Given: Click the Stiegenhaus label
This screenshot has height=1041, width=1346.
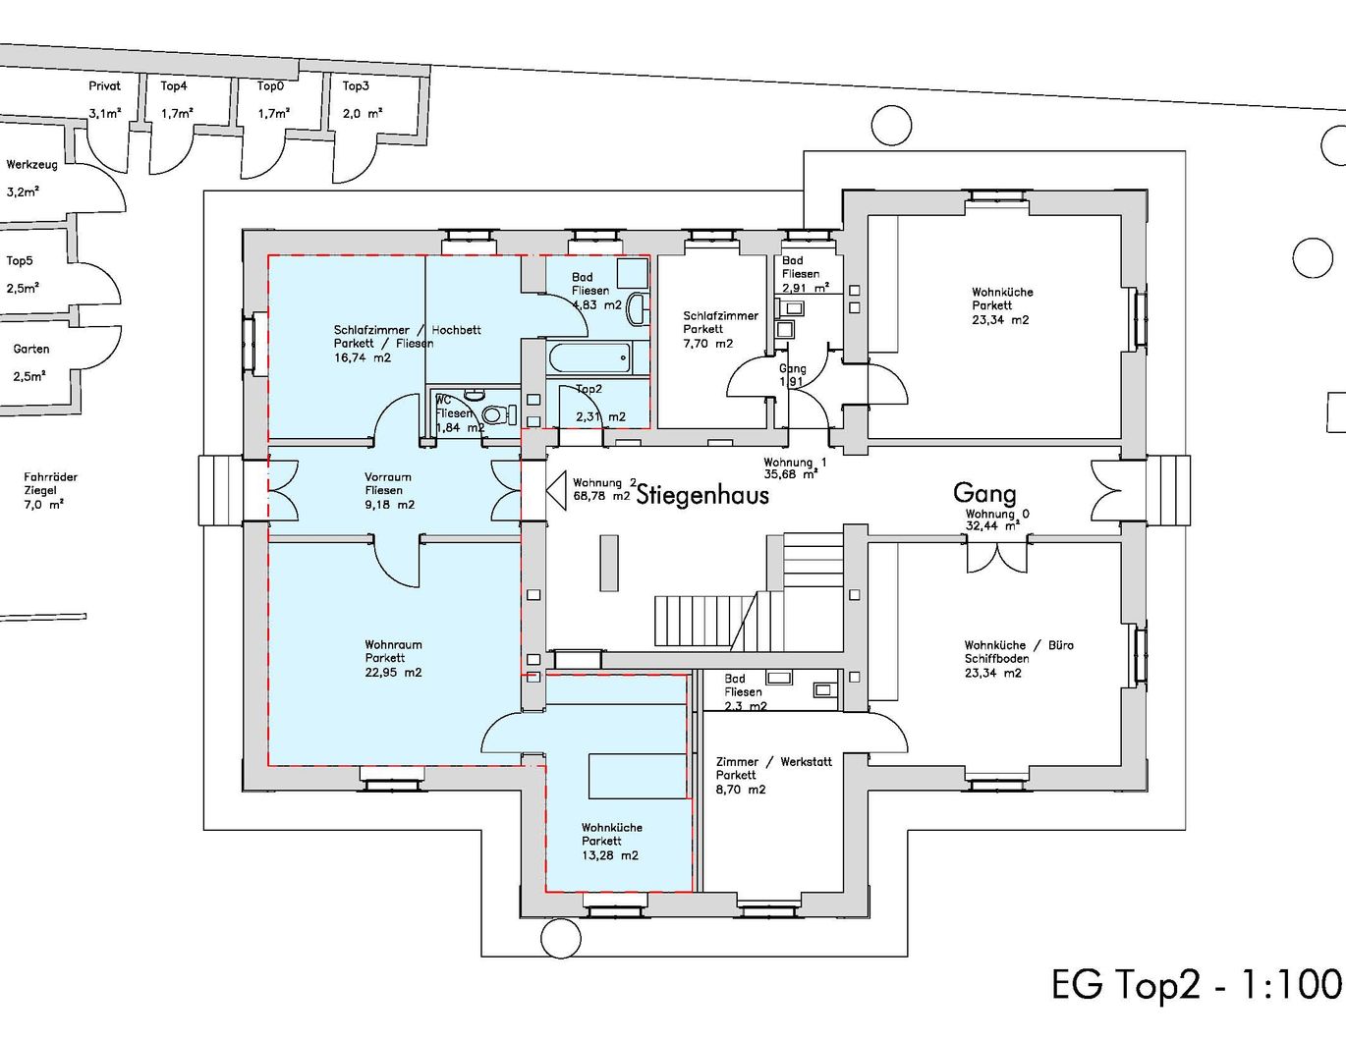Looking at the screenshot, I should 702,494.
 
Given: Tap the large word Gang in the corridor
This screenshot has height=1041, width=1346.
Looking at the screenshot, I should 983,492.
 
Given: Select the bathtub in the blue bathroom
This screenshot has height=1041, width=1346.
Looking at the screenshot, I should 589,357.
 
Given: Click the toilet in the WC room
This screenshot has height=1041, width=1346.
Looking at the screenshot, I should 499,414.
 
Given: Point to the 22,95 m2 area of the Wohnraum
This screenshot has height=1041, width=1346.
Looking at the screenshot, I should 393,673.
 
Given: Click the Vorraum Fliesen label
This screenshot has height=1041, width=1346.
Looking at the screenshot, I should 387,483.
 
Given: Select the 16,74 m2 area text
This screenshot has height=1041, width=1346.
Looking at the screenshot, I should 362,357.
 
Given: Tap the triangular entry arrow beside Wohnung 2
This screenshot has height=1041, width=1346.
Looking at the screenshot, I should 556,489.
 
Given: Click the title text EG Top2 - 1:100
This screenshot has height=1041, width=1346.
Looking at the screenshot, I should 1196,984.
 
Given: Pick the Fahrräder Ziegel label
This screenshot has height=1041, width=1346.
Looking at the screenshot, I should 50,483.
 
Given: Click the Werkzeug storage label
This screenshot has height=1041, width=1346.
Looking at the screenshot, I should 31,165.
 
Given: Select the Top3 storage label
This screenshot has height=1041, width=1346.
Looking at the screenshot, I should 356,86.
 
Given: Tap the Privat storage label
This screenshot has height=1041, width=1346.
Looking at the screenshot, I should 104,86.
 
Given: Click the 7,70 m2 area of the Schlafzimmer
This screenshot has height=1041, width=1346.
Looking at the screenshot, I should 707,344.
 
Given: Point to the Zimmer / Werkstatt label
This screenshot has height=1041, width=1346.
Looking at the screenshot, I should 773,762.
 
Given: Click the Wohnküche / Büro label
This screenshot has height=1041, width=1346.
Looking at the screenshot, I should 1018,646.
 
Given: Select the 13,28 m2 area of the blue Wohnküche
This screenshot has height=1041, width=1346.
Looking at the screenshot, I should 609,855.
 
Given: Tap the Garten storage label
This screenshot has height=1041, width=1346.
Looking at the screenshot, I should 30,349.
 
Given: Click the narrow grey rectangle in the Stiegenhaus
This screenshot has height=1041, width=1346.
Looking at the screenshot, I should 609,563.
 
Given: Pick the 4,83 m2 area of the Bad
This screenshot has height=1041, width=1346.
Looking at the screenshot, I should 596,304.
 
